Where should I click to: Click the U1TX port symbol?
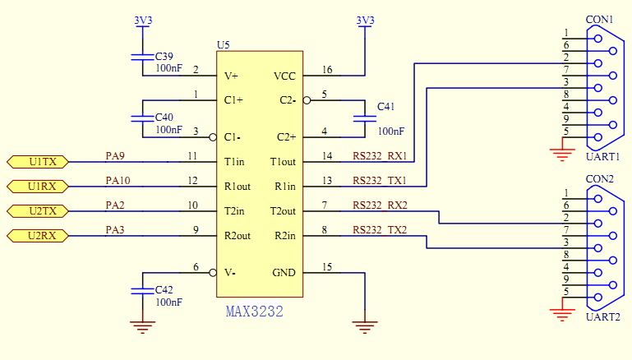coord(38,162)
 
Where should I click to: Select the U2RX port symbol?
coord(38,237)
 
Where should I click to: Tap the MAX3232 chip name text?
coord(255,312)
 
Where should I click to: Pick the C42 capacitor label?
coord(164,290)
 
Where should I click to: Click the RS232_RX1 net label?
coord(380,156)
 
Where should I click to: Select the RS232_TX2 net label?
coord(380,230)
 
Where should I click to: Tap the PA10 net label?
coord(118,180)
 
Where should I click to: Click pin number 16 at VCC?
coord(328,70)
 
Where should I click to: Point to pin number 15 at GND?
coord(328,267)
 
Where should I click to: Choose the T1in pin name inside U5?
coord(236,162)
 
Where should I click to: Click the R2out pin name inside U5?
coord(239,237)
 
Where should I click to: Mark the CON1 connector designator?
coord(599,19)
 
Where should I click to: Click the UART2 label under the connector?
coord(602,317)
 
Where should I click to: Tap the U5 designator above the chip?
coord(224,44)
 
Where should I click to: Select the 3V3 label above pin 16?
coord(365,20)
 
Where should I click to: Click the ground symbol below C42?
coord(143,328)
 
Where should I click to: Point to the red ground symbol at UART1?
coord(563,148)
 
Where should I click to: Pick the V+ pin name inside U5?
coord(232,76)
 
